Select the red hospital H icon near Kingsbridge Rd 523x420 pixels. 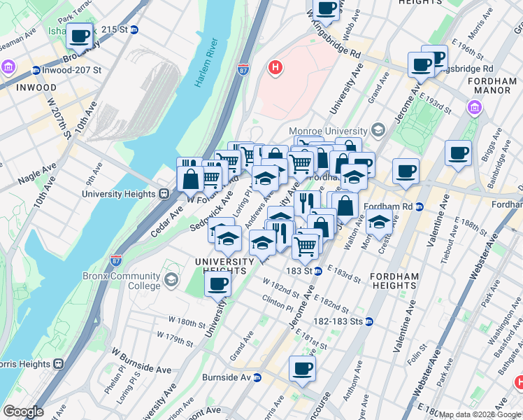[x=276, y=68]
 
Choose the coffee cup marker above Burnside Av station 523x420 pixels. [x=302, y=368]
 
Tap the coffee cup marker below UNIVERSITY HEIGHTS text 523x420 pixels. [x=218, y=284]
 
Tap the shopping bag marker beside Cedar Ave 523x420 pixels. [x=190, y=179]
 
